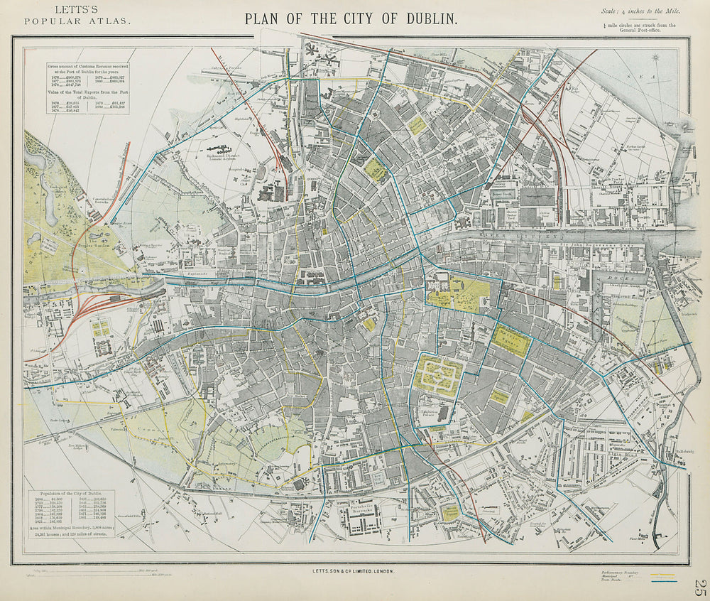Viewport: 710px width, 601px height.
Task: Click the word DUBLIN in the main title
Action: [422, 18]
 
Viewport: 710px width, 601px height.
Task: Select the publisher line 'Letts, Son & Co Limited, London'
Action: [351, 570]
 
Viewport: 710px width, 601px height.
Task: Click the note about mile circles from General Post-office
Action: [637, 28]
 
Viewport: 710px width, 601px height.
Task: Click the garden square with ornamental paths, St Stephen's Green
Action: [439, 374]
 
